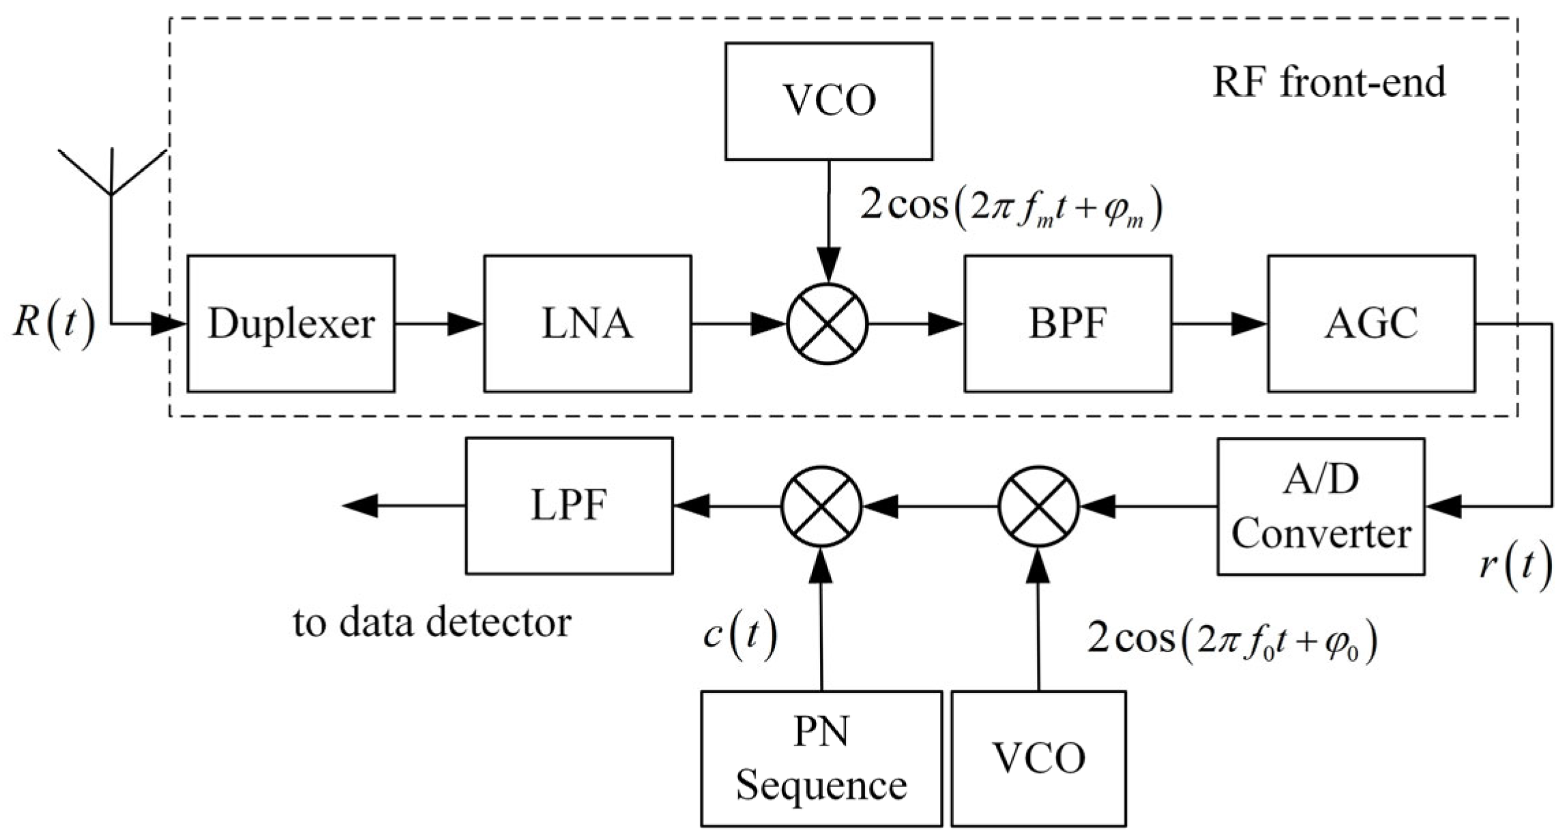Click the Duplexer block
291,323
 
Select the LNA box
587,323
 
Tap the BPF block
1067,323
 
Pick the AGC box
1371,323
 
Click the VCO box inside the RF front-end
828,101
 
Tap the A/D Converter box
1320,506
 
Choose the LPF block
569,506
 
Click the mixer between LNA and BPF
828,324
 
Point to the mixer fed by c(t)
821,506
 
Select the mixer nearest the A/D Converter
1038,506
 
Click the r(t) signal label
1515,568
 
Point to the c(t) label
739,636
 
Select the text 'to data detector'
431,622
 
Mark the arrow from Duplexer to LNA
439,324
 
